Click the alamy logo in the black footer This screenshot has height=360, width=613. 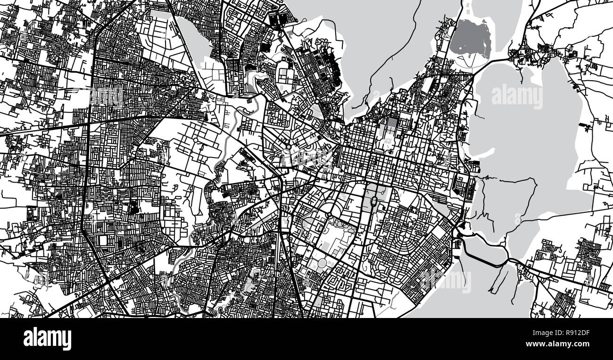47,339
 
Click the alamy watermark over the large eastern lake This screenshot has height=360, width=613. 517,97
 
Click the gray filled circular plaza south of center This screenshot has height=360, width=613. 322,262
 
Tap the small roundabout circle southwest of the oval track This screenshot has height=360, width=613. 329,215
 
